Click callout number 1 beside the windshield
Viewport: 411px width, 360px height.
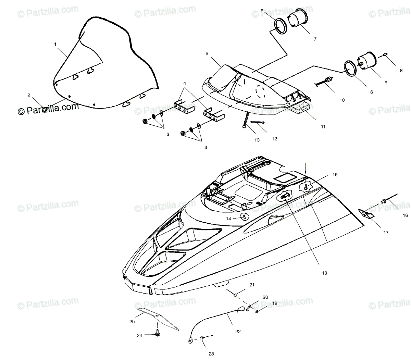click(55, 44)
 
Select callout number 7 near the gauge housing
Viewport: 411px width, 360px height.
click(315, 39)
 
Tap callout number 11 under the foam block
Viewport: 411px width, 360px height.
click(323, 126)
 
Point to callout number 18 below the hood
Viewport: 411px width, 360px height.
click(324, 273)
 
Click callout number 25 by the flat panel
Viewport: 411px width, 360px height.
click(132, 322)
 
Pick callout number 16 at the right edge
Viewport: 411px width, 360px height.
click(405, 215)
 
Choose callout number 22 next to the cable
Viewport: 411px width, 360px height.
click(238, 331)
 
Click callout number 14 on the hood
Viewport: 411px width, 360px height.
click(228, 218)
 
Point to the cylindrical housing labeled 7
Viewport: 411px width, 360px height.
click(297, 19)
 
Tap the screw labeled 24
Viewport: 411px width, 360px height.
click(158, 331)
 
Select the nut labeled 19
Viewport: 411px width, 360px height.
click(257, 312)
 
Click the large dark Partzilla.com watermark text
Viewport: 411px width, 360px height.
click(48, 109)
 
